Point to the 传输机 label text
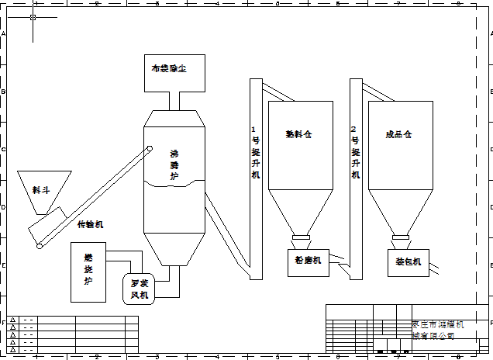pos(90,225)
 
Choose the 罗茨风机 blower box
pos(140,289)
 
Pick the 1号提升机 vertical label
pos(256,153)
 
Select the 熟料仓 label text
pos(298,134)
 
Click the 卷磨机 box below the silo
pos(309,261)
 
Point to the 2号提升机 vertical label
pos(355,153)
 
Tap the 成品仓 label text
pos(398,134)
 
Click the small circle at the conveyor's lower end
pos(39,247)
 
